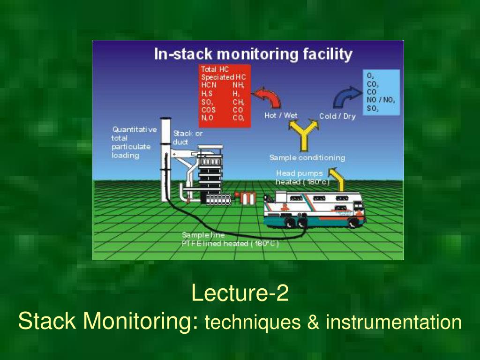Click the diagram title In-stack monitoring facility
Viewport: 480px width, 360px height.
[x=253, y=54]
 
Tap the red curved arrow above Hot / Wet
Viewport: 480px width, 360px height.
[x=270, y=97]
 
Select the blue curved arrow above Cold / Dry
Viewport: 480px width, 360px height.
[x=345, y=97]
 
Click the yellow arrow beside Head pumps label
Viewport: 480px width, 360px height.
[x=337, y=176]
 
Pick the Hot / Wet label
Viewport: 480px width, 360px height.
[x=281, y=115]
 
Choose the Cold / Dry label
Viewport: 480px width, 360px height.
[x=337, y=116]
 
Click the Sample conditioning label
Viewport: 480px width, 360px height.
[x=307, y=157]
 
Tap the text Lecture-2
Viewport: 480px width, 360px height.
[x=240, y=294]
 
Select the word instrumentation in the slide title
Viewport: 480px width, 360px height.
[x=394, y=322]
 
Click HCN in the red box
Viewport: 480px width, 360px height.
[x=209, y=85]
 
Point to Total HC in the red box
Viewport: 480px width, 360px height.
[x=215, y=69]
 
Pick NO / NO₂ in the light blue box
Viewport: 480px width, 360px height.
[x=381, y=100]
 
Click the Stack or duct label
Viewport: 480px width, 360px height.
[x=188, y=137]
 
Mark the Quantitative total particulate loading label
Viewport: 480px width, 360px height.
[x=133, y=142]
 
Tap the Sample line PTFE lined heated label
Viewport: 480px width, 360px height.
[x=230, y=240]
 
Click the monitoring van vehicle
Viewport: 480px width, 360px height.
[x=315, y=208]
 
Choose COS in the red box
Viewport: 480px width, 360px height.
[x=209, y=110]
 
